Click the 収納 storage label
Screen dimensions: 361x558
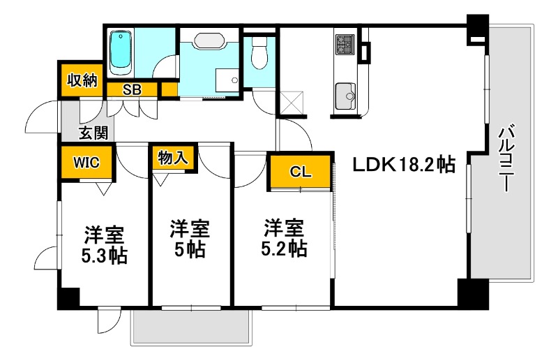point(81,80)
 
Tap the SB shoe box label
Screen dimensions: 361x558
point(132,89)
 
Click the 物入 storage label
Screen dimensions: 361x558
point(173,158)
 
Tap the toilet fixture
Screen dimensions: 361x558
point(259,53)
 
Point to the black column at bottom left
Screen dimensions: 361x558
point(68,298)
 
